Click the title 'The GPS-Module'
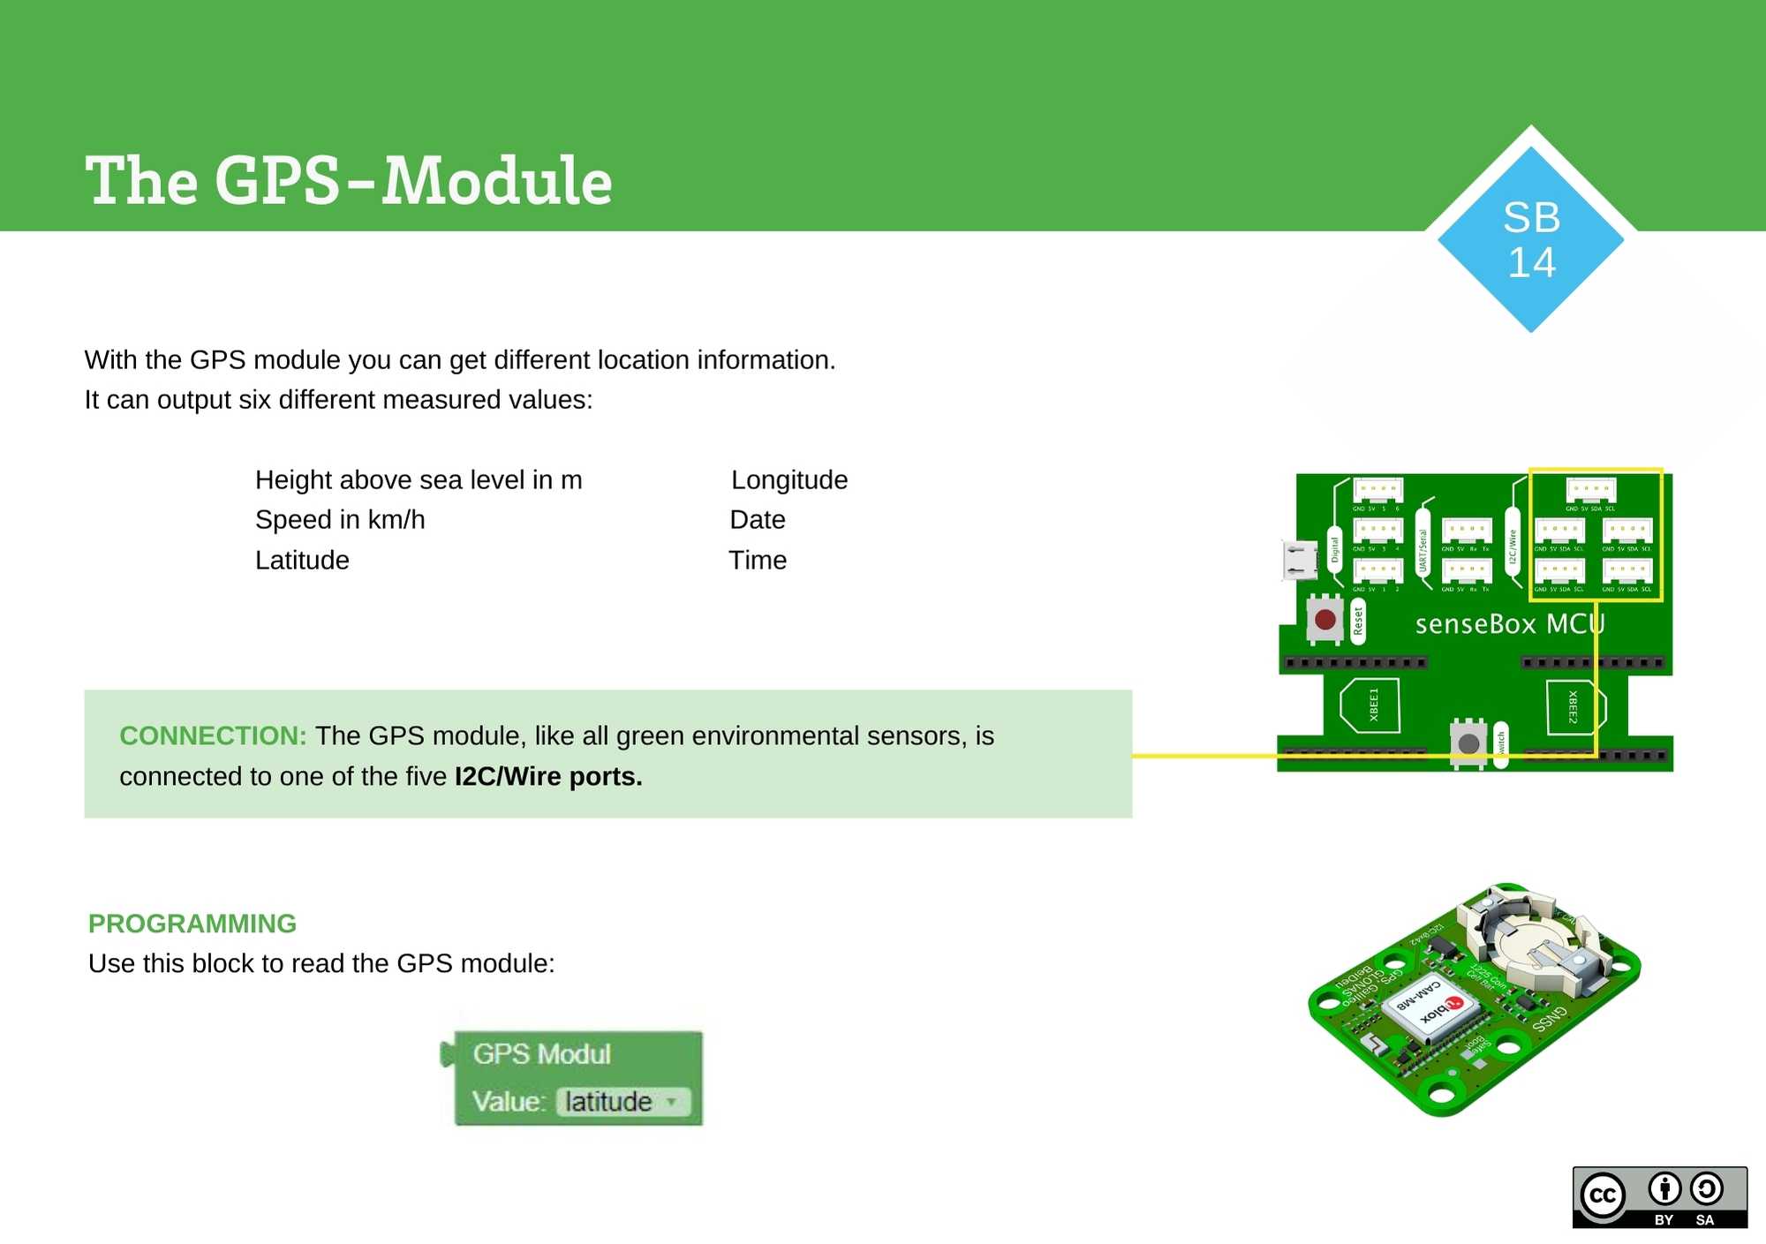click(349, 181)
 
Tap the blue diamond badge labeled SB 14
click(1531, 239)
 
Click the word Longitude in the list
click(789, 479)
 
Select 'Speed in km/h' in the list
click(340, 519)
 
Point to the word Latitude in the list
click(302, 560)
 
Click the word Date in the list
click(757, 519)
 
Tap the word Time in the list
click(757, 560)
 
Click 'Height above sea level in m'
click(419, 479)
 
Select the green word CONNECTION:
click(213, 735)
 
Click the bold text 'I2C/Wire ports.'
click(548, 776)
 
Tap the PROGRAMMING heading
click(192, 923)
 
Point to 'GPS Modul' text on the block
click(541, 1053)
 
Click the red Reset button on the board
click(1324, 619)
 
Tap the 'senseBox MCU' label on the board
click(1509, 624)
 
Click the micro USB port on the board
click(1299, 560)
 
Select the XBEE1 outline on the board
click(1370, 705)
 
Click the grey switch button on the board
click(1468, 743)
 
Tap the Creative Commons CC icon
click(1603, 1195)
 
